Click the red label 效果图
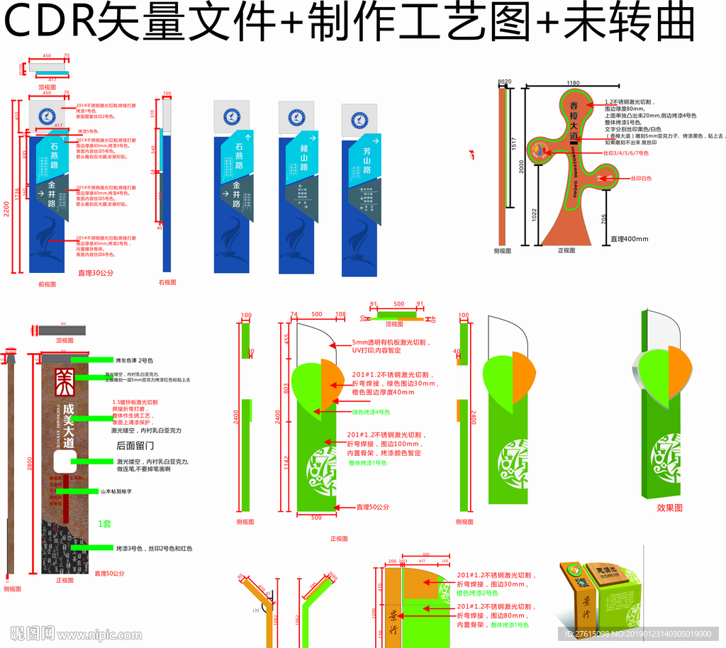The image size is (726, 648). click(669, 508)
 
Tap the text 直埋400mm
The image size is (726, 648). click(630, 239)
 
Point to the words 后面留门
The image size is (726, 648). click(135, 445)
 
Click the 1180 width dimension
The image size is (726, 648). click(574, 84)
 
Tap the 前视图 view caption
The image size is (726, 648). click(48, 284)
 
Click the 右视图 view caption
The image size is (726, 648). click(167, 283)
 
